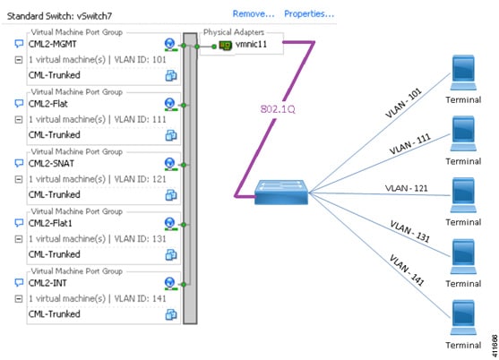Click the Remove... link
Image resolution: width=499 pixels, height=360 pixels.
click(x=254, y=14)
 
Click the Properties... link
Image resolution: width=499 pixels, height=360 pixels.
click(x=309, y=14)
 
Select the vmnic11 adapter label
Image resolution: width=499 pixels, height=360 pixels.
click(x=251, y=44)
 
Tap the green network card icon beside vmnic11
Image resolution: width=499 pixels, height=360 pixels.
click(x=226, y=46)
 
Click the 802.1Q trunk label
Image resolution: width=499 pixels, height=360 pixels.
click(x=278, y=109)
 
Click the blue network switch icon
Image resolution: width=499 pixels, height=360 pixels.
click(x=281, y=192)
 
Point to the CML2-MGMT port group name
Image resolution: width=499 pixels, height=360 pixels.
click(x=53, y=44)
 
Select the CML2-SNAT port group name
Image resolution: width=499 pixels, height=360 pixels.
click(x=51, y=164)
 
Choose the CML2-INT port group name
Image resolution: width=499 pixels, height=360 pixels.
click(x=47, y=283)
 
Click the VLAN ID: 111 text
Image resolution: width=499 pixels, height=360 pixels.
click(x=140, y=119)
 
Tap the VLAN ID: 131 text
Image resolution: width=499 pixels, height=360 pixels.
click(x=140, y=239)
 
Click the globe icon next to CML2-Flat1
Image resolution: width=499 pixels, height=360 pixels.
click(x=170, y=223)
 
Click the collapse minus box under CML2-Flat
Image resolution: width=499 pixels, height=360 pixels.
click(x=19, y=120)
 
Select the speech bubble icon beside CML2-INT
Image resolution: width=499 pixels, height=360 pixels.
click(x=19, y=282)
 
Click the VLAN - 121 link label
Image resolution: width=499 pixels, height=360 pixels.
click(x=407, y=188)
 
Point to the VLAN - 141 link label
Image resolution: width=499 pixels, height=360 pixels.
click(x=408, y=270)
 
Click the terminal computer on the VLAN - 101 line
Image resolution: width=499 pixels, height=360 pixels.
click(x=463, y=73)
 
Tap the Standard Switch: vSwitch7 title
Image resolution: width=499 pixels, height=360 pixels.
click(x=59, y=16)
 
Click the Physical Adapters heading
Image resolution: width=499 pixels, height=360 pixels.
click(x=234, y=32)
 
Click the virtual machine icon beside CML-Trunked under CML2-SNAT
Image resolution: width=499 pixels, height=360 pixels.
click(x=171, y=195)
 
